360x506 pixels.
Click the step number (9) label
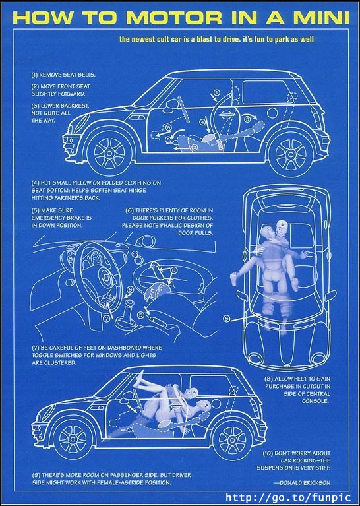pos(36,475)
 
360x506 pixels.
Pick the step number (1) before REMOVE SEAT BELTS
pos(35,75)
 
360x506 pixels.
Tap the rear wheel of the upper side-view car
pos(291,151)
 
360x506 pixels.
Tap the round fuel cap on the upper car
pos(272,113)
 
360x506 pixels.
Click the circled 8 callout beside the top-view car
pos(226,318)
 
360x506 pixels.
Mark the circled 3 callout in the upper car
pos(247,119)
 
